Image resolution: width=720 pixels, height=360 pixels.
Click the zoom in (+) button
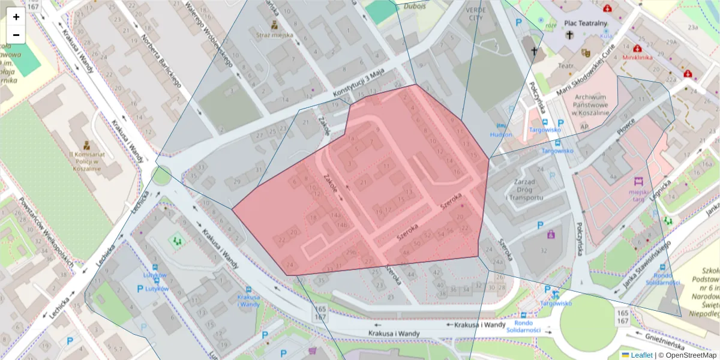click(16, 17)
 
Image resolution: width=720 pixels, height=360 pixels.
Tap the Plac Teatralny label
click(586, 23)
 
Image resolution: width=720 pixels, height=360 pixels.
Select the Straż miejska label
click(275, 35)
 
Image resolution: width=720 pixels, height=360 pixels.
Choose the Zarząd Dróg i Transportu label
click(524, 189)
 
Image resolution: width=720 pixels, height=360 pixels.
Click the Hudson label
click(501, 135)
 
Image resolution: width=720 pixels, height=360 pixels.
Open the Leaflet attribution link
click(641, 355)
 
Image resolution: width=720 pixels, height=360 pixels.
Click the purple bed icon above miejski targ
click(638, 181)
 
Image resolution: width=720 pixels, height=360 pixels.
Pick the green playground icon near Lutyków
click(176, 241)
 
